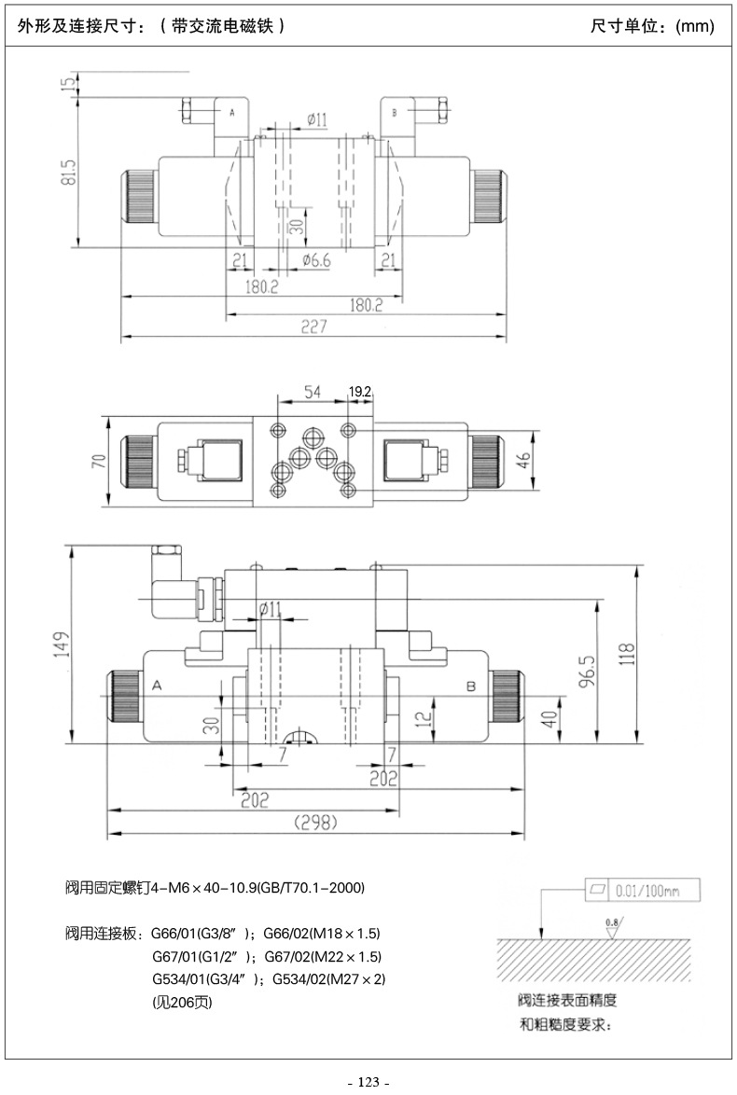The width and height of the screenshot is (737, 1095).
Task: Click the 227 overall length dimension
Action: pos(314,326)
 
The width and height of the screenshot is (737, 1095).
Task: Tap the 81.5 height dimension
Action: pos(68,173)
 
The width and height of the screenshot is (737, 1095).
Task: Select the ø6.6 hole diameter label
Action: pos(316,260)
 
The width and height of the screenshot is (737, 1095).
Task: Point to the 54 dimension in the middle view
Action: pos(313,392)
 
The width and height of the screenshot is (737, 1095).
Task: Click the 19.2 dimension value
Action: pos(360,392)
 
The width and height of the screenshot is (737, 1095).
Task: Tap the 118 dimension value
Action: pos(627,655)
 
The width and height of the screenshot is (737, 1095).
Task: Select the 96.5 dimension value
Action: pos(588,672)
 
